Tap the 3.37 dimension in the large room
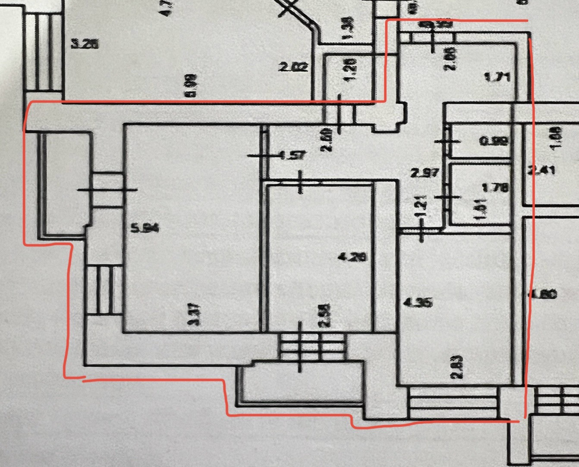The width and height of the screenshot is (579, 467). coord(196,315)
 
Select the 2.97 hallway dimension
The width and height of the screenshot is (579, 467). coord(425,173)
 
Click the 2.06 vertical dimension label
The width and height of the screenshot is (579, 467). coord(450,59)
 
